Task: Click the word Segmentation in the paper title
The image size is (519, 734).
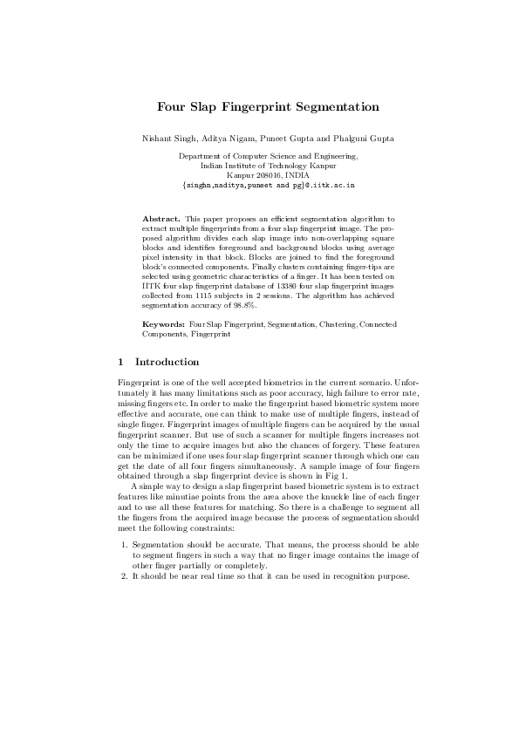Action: click(x=331, y=107)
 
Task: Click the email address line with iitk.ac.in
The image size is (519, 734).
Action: click(x=268, y=186)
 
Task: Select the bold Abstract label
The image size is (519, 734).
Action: click(x=160, y=216)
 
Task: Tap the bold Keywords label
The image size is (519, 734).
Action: click(x=162, y=324)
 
